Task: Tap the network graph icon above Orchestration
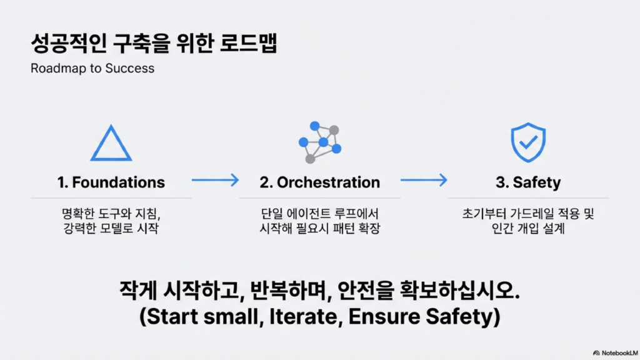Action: click(x=320, y=142)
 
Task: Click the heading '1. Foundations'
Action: click(x=111, y=182)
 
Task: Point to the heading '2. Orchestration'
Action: click(x=319, y=182)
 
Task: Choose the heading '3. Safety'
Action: click(x=528, y=182)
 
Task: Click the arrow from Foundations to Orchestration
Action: click(x=215, y=180)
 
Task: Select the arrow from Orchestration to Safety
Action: click(x=424, y=180)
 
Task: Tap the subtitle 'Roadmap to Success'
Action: click(x=92, y=68)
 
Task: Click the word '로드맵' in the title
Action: click(x=248, y=43)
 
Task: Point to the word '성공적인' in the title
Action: click(x=69, y=43)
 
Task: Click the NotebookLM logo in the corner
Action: click(x=616, y=352)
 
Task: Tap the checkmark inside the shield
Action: click(x=528, y=142)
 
